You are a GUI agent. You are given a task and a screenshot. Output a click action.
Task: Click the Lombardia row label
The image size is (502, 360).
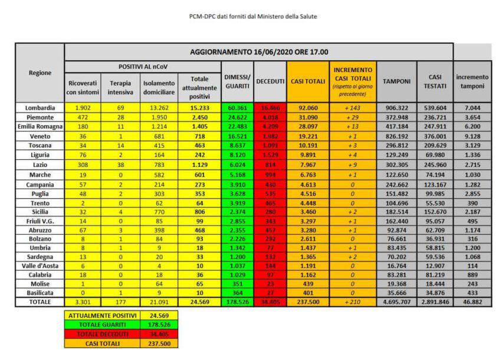pos(40,107)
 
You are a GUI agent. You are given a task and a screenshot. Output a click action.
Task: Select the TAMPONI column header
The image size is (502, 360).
pos(396,81)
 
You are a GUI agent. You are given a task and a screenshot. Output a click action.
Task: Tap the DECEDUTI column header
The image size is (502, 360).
pos(270,81)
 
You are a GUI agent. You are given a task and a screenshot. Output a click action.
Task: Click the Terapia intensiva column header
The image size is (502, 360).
pos(120,87)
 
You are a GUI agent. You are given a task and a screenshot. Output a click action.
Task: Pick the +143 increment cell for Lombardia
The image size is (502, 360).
pos(353,107)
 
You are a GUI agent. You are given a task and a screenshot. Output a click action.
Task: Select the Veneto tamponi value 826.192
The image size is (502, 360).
pos(396,136)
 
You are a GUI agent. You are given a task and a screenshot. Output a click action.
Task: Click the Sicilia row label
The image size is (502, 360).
pos(40,211)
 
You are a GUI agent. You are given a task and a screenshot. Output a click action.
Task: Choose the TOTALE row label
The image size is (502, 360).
pos(40,302)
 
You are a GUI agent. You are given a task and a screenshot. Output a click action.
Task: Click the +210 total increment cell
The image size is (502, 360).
pos(353,302)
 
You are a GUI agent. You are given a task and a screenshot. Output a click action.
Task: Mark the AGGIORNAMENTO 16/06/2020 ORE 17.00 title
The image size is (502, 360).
pos(259,52)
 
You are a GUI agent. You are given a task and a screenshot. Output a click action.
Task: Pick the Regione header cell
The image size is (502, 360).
pos(40,73)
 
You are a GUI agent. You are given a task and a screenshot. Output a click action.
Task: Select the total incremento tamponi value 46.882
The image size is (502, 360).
pos(472,302)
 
